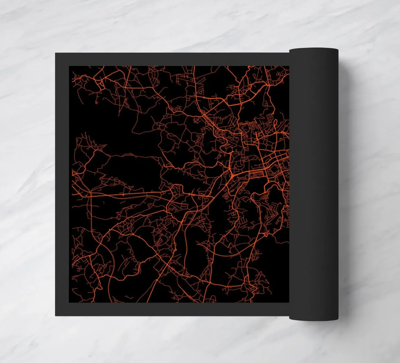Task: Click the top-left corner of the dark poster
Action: [56, 53]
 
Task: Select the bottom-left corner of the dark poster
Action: [56, 315]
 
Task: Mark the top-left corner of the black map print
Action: [69, 66]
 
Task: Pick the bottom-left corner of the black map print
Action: [69, 302]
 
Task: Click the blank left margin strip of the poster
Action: [62, 185]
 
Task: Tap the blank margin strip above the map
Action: [175, 59]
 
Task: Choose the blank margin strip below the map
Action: [175, 309]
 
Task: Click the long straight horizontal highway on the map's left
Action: [125, 195]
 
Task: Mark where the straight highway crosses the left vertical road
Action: [90, 195]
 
